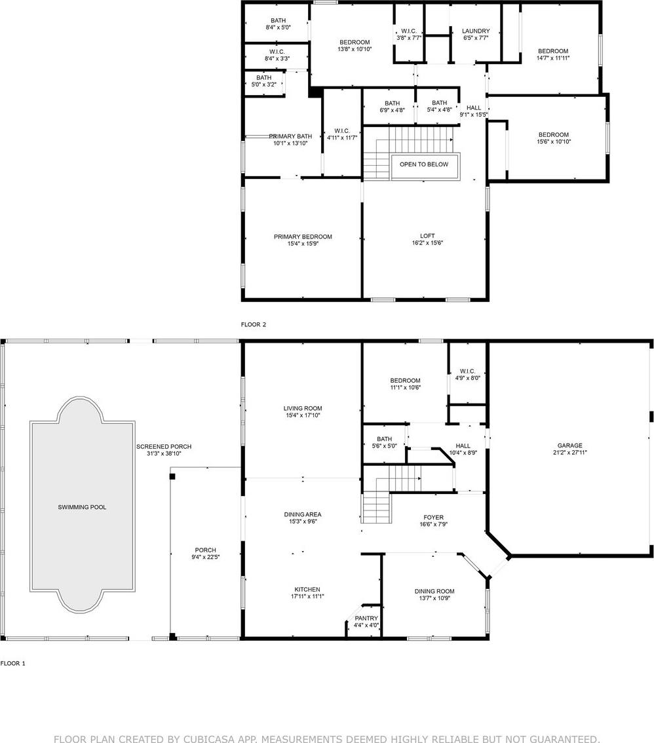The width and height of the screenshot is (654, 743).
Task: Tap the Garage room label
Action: [x=569, y=446]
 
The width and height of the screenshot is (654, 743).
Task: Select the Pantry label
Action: [x=366, y=619]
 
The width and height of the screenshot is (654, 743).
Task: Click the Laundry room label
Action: [x=476, y=31]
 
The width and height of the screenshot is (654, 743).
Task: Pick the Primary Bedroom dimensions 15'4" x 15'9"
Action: [x=303, y=244]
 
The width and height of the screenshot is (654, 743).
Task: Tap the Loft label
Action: [x=427, y=236]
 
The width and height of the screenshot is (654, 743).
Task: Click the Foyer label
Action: [x=434, y=518]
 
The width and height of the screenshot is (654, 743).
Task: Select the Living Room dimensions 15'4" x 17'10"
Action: [x=302, y=415]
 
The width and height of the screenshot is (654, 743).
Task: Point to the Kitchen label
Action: [x=307, y=590]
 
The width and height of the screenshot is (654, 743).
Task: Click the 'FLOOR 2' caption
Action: [x=254, y=324]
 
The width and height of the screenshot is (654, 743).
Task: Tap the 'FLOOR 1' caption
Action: [x=13, y=663]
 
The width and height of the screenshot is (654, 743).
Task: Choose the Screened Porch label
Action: [x=164, y=446]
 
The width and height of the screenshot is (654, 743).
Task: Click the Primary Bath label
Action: [x=290, y=136]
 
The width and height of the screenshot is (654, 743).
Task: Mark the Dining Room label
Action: [x=434, y=592]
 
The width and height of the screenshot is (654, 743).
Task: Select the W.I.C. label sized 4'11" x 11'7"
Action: [x=341, y=131]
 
